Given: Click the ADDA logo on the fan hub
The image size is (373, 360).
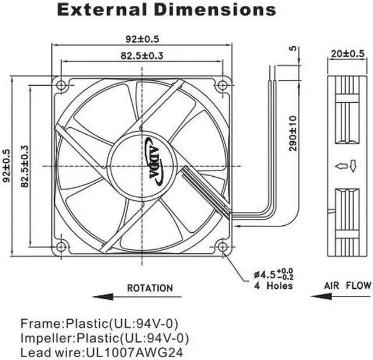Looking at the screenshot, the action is pos(154,161).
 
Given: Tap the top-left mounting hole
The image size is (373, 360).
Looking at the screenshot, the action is pos(61,85).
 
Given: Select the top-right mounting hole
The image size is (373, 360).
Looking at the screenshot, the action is pos(223,85).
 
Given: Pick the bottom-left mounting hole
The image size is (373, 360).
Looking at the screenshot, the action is pos(61,246).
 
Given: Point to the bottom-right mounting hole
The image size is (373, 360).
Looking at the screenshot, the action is pos(223,246).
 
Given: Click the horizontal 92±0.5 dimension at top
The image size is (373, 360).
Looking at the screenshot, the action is pos(142,39).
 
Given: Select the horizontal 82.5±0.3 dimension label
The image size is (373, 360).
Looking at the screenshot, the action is pos(142,55).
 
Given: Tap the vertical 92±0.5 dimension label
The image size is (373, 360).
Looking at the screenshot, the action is pos(6,166).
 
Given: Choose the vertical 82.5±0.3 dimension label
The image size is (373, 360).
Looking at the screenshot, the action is pos(24,166).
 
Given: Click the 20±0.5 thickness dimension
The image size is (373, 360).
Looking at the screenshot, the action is pos(347,54).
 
